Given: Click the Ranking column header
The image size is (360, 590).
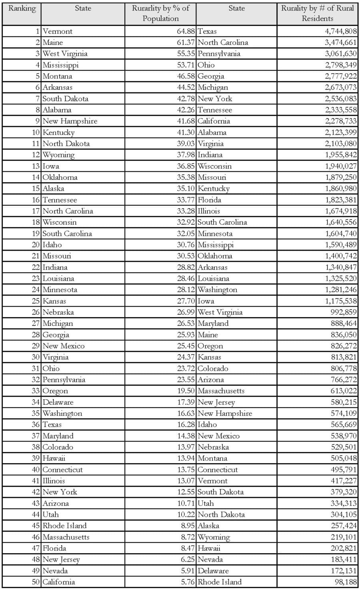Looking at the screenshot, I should [22, 8].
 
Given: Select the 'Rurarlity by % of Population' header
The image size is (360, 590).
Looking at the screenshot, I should [160, 13].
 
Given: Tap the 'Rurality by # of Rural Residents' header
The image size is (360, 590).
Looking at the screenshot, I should [317, 13].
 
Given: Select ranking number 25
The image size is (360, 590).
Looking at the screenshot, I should [36, 301].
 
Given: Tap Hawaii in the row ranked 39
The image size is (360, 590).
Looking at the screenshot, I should [54, 458].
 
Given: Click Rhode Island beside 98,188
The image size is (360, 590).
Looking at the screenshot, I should [220, 582].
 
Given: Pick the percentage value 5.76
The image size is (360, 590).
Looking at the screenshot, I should [186, 582].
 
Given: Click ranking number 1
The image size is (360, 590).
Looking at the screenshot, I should [38, 31].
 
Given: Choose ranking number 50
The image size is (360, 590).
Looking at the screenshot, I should [36, 582].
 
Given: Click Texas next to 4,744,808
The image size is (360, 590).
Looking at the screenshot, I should [207, 31].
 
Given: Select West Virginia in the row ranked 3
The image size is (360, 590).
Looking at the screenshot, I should [65, 54].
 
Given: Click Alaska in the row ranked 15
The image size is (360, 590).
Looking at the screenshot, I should [53, 189].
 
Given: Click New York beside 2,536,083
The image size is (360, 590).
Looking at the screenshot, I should [215, 99].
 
